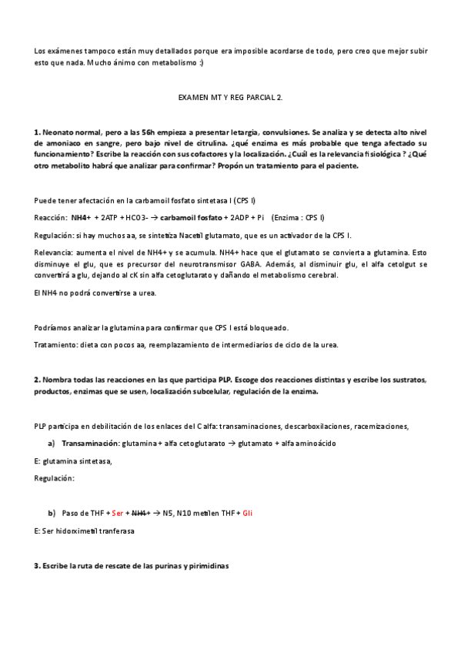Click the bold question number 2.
coord(37,380)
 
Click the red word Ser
coord(117,513)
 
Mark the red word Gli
coord(248,513)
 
